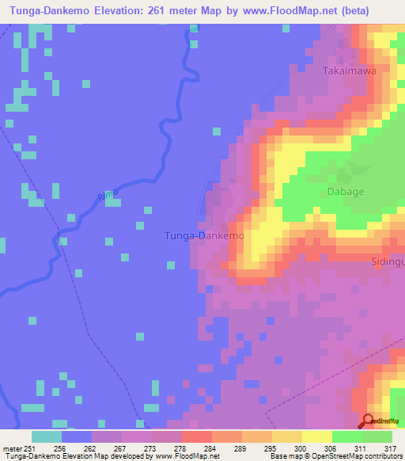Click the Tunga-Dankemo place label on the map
203,236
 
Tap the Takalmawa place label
350,70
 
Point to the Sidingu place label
387,260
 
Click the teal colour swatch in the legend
47,436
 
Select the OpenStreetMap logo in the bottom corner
380,422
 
